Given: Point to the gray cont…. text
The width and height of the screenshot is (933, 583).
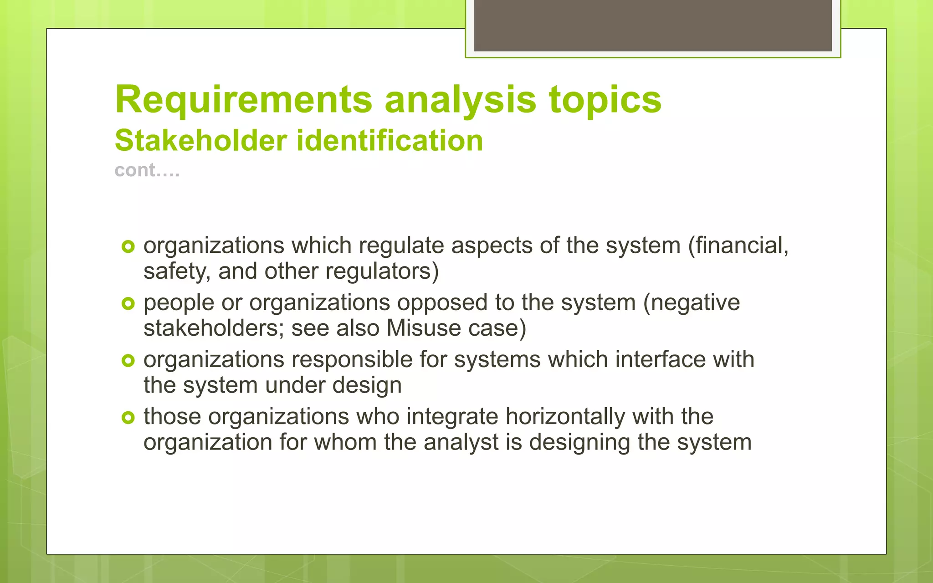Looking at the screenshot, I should (147, 170).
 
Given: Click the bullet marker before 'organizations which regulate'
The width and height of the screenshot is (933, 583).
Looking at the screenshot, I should (128, 247).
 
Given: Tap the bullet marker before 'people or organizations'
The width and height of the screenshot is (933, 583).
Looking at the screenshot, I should (128, 304).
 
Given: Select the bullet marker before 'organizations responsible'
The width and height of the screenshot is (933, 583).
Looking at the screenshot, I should (128, 361).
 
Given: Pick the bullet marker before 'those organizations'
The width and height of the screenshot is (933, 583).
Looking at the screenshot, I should (128, 418).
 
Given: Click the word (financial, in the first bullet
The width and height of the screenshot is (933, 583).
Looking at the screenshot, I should (738, 246).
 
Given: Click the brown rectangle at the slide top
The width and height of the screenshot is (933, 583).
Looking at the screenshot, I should (653, 26).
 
